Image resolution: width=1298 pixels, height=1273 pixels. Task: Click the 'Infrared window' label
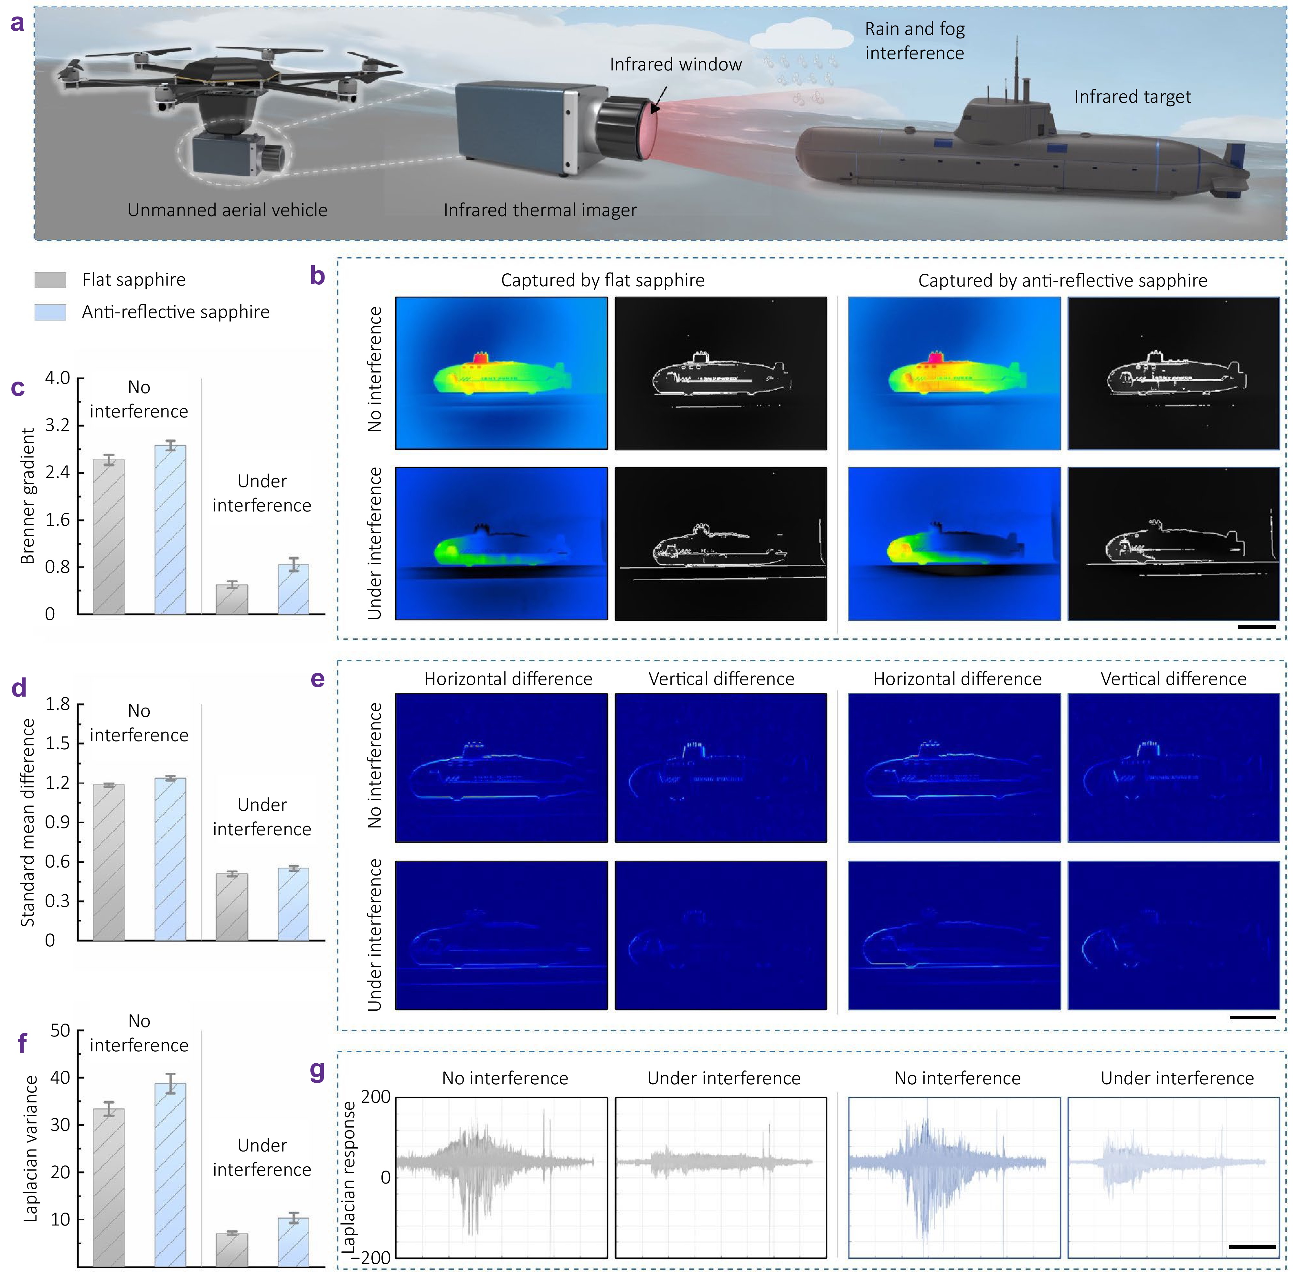(676, 64)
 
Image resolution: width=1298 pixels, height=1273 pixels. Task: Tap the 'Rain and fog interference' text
(915, 41)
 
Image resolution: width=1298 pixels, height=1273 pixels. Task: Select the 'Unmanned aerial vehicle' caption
(227, 210)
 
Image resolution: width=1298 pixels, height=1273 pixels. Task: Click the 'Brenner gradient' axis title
(27, 496)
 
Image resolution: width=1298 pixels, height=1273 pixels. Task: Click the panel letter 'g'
(318, 1072)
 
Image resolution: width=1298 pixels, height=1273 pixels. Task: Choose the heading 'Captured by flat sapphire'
(602, 280)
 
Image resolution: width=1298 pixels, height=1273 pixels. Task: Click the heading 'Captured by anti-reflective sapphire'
(1063, 280)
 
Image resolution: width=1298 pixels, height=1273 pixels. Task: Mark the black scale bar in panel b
(1257, 626)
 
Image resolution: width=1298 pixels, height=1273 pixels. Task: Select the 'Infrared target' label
(1132, 97)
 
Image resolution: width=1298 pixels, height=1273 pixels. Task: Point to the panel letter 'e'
(318, 679)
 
